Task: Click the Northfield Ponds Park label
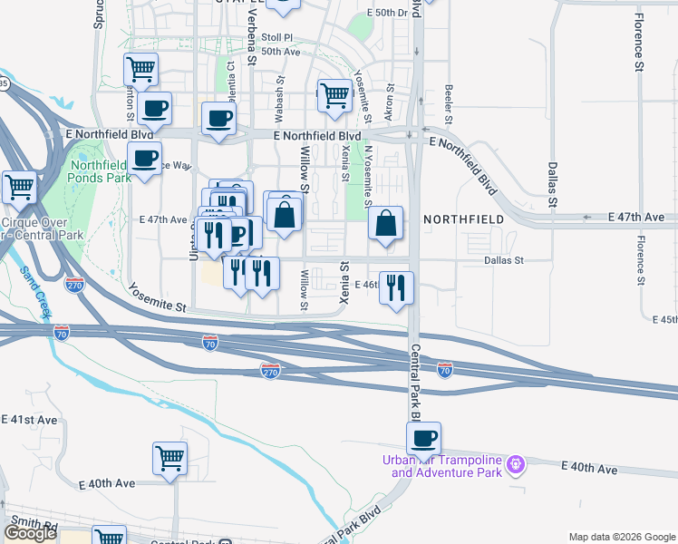(x=102, y=170)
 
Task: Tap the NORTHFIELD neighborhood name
(x=463, y=219)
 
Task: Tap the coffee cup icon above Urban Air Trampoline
(x=423, y=439)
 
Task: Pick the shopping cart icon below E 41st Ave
(x=169, y=458)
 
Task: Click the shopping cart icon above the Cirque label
(x=19, y=188)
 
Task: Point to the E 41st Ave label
(x=29, y=420)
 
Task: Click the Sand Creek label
(x=34, y=291)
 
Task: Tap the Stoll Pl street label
(x=277, y=37)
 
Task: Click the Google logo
(x=30, y=533)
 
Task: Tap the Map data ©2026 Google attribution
(x=621, y=537)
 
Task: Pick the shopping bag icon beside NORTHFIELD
(x=386, y=223)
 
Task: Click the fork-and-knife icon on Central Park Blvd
(x=396, y=288)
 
